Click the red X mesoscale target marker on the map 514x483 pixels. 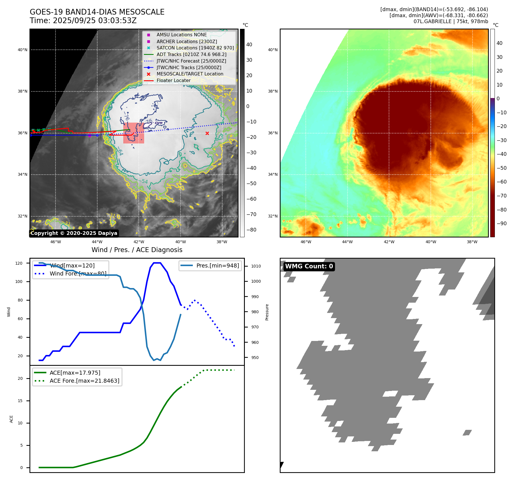pyautogui.click(x=207, y=133)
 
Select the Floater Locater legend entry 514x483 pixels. pyautogui.click(x=173, y=81)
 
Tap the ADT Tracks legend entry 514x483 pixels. pyautogui.click(x=191, y=54)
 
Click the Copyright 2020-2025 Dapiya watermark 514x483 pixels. pyautogui.click(x=74, y=233)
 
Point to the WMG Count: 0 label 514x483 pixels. pyautogui.click(x=309, y=266)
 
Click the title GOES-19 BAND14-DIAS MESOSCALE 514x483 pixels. pyautogui.click(x=97, y=12)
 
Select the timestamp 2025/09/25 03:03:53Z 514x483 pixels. pyautogui.click(x=95, y=21)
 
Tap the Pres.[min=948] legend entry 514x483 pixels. pyautogui.click(x=217, y=266)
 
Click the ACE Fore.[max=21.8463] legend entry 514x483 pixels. pyautogui.click(x=84, y=381)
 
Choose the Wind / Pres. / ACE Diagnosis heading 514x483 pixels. pyautogui.click(x=137, y=250)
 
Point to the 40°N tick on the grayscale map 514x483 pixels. pyautogui.click(x=23, y=50)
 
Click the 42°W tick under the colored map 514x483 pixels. pyautogui.click(x=389, y=242)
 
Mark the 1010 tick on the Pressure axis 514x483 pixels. pyautogui.click(x=256, y=266)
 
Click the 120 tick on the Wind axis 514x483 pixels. pyautogui.click(x=19, y=263)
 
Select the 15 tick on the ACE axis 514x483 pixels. pyautogui.click(x=20, y=401)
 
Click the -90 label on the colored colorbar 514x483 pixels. pyautogui.click(x=501, y=223)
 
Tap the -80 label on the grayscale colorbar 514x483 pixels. pyautogui.click(x=251, y=230)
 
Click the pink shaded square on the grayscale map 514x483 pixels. pyautogui.click(x=134, y=133)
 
